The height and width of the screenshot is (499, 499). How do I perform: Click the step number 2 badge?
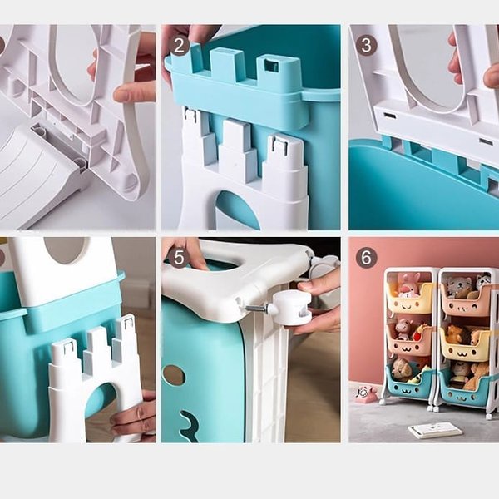pyautogui.click(x=179, y=45)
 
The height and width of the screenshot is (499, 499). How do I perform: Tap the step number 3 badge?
pyautogui.click(x=366, y=45)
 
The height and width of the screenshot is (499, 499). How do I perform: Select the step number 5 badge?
pyautogui.click(x=179, y=258)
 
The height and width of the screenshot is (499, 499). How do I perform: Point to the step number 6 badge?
pyautogui.click(x=366, y=258)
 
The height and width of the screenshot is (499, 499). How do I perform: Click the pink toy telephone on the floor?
pyautogui.click(x=365, y=393)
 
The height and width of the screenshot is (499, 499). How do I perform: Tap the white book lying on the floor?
pyautogui.click(x=435, y=430)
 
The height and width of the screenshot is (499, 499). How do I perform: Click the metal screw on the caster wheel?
pyautogui.click(x=255, y=309)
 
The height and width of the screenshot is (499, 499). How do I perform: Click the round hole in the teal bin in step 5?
pyautogui.click(x=174, y=374)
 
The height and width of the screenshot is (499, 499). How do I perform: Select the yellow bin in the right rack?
pyautogui.click(x=465, y=347)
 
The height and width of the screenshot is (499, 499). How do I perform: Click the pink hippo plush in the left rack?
pyautogui.click(x=403, y=329)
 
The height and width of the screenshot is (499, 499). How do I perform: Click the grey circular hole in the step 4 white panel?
pyautogui.click(x=64, y=250)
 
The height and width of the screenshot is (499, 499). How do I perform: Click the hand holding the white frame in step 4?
pyautogui.click(x=135, y=416)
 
